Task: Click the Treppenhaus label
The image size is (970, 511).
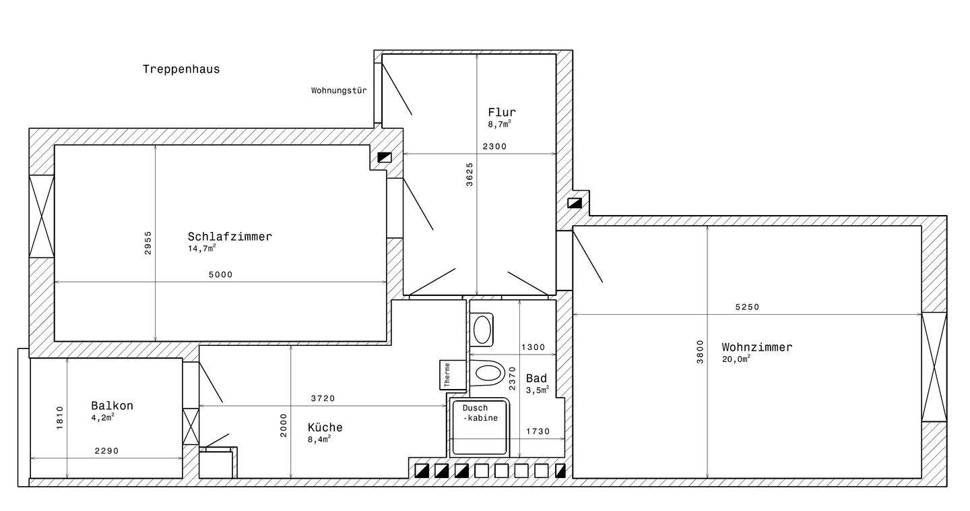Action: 181,69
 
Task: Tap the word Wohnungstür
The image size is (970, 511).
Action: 339,90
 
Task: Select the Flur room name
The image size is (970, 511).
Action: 502,113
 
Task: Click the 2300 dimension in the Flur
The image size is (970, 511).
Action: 494,146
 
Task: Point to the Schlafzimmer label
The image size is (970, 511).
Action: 230,237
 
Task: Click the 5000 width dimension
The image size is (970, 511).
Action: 221,275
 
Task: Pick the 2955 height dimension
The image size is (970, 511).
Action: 148,243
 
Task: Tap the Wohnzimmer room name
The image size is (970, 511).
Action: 757,347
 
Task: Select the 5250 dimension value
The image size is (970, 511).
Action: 748,307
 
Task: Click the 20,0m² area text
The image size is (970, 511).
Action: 736,359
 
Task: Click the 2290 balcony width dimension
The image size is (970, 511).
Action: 106,451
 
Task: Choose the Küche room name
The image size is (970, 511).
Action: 325,427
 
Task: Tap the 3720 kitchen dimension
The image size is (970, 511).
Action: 323,398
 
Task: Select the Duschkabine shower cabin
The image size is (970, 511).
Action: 480,427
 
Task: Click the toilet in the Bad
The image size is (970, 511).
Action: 488,373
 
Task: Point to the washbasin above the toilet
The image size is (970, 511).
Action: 482,330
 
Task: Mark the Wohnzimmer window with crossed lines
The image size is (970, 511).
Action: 934,367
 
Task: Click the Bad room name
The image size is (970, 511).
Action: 536,378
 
